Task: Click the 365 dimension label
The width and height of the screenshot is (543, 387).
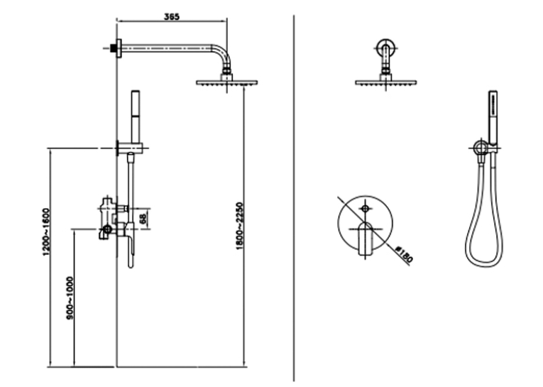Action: click(172, 16)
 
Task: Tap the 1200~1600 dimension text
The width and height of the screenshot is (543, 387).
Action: click(46, 232)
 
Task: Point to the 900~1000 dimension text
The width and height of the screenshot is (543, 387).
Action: click(70, 298)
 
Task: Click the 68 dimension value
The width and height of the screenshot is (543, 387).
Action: click(143, 219)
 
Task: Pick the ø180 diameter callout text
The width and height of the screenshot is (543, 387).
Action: click(404, 254)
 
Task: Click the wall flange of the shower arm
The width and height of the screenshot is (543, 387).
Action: click(119, 48)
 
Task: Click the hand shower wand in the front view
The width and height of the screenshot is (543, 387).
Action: click(493, 117)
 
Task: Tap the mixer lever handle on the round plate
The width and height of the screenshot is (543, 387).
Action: click(365, 239)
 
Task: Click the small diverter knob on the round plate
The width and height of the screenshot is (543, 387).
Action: click(365, 208)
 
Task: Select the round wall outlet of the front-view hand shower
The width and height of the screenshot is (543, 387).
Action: click(480, 148)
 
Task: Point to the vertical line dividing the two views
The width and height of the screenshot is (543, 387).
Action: click(294, 198)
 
